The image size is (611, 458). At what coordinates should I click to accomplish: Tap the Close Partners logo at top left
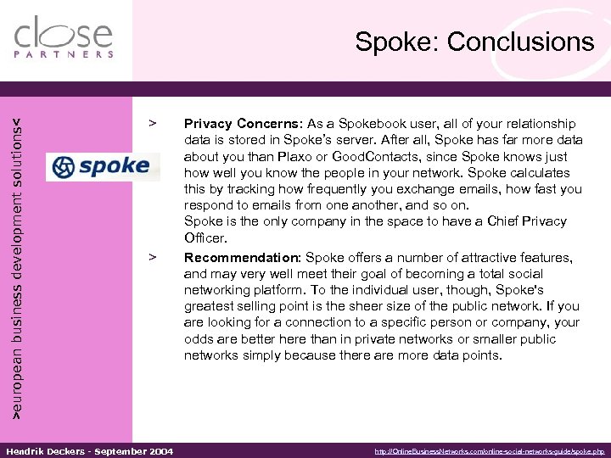pyautogui.click(x=64, y=37)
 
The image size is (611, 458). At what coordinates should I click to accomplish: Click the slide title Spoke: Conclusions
pyautogui.click(x=474, y=42)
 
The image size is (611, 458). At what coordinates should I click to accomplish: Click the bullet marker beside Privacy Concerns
pyautogui.click(x=153, y=123)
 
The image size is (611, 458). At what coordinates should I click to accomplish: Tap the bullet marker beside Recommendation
pyautogui.click(x=153, y=255)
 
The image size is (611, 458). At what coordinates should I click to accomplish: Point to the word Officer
pyautogui.click(x=205, y=238)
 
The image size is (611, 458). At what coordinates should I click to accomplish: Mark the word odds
pyautogui.click(x=197, y=339)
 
